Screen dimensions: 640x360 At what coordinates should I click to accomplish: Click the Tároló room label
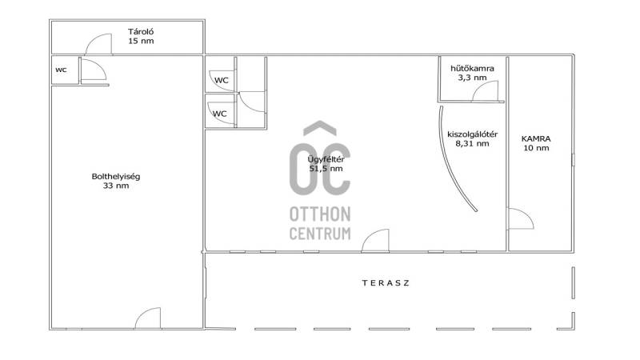[x=141, y=31]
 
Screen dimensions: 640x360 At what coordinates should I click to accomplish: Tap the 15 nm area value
[x=141, y=41]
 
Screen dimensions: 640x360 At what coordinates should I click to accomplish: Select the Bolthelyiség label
[x=116, y=177]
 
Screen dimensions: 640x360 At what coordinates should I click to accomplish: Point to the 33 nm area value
[x=116, y=186]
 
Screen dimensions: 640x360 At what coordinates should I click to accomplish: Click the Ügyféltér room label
[x=326, y=159]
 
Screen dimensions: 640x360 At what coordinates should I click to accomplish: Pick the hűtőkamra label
[x=472, y=68]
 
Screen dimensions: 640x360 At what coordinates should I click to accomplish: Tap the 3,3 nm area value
[x=472, y=78]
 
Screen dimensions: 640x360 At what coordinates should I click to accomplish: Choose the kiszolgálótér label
[x=472, y=134]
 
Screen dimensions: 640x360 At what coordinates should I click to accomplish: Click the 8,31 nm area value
[x=472, y=144]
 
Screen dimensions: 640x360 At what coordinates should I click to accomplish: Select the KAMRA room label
[x=536, y=138]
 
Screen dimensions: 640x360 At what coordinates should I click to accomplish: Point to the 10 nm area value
[x=536, y=148]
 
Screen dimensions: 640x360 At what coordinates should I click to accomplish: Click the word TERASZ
[x=386, y=283]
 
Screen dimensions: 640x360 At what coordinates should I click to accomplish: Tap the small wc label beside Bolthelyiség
[x=61, y=70]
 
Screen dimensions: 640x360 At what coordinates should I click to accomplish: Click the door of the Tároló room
[x=98, y=44]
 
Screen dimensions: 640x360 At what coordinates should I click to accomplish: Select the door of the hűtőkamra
[x=486, y=91]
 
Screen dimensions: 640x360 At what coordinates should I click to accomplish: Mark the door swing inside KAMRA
[x=520, y=218]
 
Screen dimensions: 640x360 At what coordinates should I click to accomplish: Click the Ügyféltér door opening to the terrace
[x=375, y=241]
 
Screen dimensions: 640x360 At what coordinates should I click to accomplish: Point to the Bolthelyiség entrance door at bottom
[x=148, y=318]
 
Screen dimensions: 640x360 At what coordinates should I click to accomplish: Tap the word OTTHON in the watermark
[x=320, y=214]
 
